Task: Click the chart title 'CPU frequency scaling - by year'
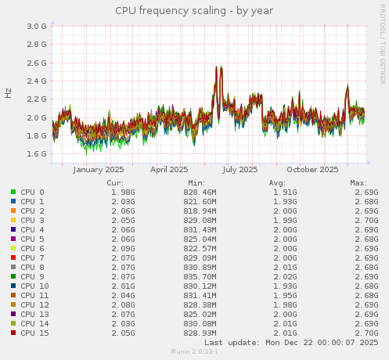tap(194, 11)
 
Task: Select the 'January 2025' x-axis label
tap(99, 169)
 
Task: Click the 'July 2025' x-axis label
tap(240, 169)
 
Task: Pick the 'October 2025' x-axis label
tap(312, 169)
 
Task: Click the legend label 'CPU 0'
tap(32, 192)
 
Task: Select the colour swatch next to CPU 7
tap(13, 257)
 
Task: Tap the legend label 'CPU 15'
tap(34, 333)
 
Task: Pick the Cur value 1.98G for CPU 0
tap(123, 192)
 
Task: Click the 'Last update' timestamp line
tap(291, 343)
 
